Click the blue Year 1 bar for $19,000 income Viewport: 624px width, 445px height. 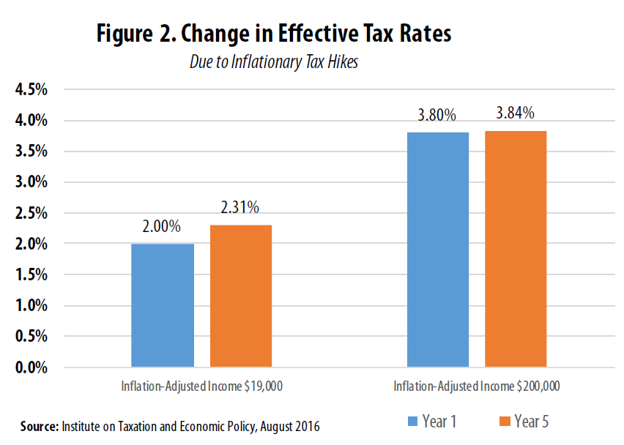click(x=163, y=304)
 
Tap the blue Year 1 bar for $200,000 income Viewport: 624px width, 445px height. click(x=438, y=249)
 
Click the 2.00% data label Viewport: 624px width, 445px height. click(x=161, y=227)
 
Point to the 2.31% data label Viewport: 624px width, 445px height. click(x=239, y=208)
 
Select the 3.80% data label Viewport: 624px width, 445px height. click(x=437, y=116)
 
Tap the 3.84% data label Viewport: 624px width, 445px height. click(x=515, y=113)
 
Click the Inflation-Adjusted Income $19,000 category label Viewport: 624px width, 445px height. click(x=201, y=386)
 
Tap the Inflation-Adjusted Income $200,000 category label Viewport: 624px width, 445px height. click(x=477, y=386)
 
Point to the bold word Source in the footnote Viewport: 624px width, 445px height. click(x=40, y=425)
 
